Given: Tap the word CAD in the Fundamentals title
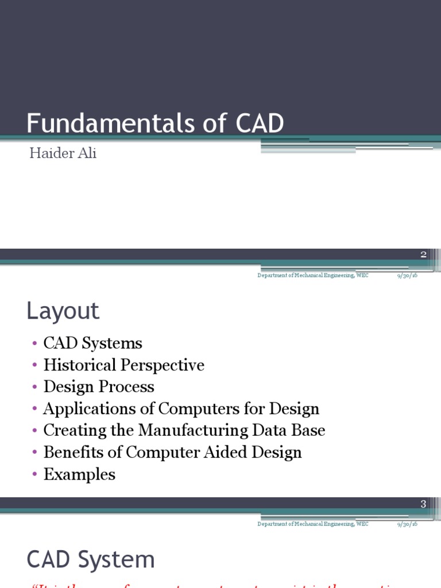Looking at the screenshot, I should click(260, 123).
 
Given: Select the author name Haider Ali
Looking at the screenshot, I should click(63, 154).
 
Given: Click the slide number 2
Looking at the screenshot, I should click(423, 254).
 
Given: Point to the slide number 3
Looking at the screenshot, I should click(423, 504).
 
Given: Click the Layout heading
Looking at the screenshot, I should click(63, 311).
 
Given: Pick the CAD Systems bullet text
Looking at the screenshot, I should click(92, 343).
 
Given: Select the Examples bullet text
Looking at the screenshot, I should click(79, 474).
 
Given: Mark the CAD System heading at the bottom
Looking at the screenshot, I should click(91, 560).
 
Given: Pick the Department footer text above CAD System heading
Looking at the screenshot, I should click(313, 524).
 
